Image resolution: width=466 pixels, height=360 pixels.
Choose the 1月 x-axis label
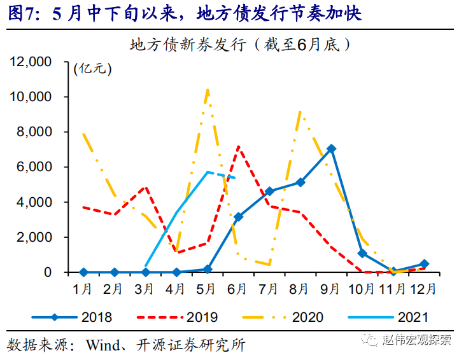click(x=83, y=289)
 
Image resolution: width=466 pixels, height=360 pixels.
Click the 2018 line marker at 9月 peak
click(x=331, y=149)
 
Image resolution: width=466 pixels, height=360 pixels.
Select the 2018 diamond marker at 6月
click(x=238, y=217)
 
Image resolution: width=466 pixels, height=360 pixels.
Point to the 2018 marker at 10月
click(x=362, y=253)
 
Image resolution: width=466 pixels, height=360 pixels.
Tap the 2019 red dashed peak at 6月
click(x=238, y=147)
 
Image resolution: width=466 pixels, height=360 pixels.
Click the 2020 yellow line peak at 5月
click(x=208, y=90)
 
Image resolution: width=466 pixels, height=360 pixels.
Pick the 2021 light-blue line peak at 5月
click(x=208, y=172)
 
